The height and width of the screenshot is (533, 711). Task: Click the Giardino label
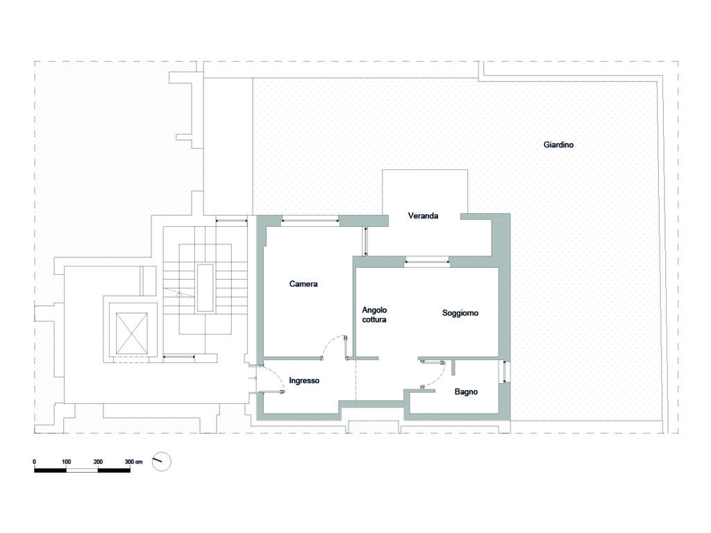[558, 144]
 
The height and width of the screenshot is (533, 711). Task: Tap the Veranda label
[423, 216]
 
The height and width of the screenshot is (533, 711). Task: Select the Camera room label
[303, 284]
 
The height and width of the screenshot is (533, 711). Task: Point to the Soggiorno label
[460, 313]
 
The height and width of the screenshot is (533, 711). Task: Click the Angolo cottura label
[374, 314]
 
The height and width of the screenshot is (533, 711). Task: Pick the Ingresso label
[304, 380]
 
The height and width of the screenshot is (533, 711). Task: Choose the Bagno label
[466, 391]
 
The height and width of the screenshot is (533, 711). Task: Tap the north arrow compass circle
[161, 462]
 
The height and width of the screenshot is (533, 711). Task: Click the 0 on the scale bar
[35, 462]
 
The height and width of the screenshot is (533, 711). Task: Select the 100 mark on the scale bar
[66, 462]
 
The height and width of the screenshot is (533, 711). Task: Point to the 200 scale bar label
[98, 462]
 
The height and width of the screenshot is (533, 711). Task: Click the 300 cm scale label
[134, 462]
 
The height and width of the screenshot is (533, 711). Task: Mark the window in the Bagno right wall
[503, 372]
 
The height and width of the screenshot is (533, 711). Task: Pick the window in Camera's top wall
[310, 220]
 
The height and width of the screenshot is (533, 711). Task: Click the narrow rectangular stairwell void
[205, 288]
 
